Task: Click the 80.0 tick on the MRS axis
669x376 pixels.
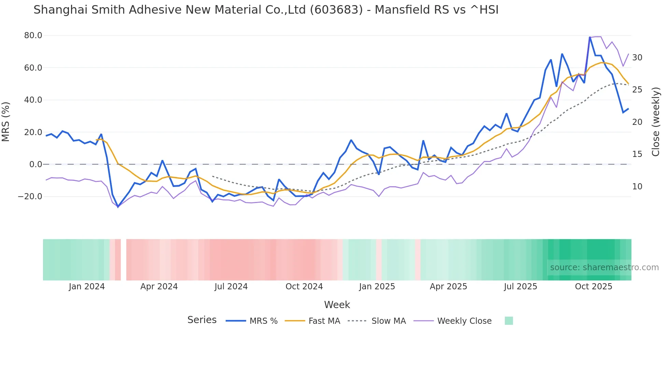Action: [x=33, y=35]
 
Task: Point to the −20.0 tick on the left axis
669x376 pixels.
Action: [x=30, y=197]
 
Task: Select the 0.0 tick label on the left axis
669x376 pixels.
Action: [x=35, y=164]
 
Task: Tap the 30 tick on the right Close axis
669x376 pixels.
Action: [x=637, y=58]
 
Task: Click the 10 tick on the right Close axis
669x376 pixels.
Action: [x=637, y=187]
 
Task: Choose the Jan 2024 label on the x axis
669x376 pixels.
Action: [x=87, y=287]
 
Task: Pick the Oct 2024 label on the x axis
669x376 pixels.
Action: [x=304, y=287]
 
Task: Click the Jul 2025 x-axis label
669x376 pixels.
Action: [x=520, y=287]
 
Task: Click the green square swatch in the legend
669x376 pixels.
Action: [x=509, y=321]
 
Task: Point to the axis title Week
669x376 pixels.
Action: [x=337, y=305]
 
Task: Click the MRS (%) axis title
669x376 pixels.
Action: [x=6, y=122]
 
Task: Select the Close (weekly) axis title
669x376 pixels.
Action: [x=656, y=122]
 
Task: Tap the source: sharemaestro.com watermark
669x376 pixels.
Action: [x=604, y=267]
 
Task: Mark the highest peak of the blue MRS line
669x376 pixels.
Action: [x=590, y=37]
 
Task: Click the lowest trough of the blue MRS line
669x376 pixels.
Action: [x=118, y=207]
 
